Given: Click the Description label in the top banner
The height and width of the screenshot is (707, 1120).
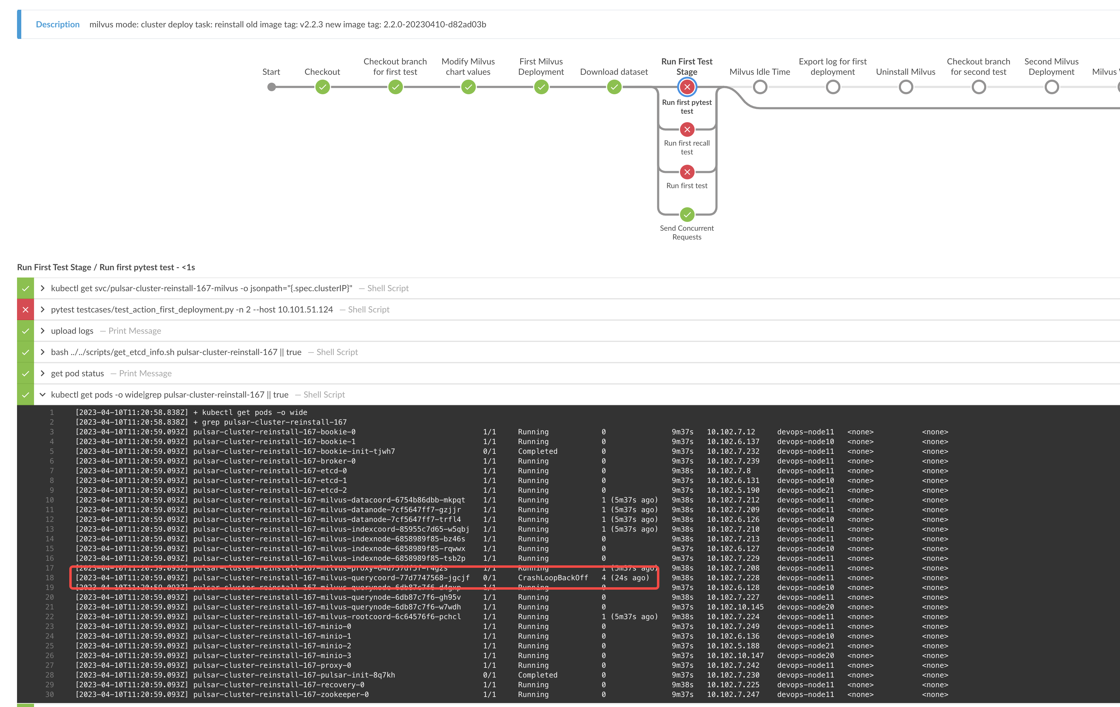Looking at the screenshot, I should click(x=58, y=24).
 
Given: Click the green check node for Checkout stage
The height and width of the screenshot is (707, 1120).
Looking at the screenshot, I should click(x=322, y=87).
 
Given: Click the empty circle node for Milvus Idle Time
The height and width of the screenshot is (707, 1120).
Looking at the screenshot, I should click(x=760, y=87).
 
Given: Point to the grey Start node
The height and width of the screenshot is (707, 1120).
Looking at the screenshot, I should click(x=272, y=87).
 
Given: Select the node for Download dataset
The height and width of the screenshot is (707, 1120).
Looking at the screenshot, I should click(x=614, y=87).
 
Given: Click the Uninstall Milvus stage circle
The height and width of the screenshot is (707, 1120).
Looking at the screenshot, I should click(x=905, y=87).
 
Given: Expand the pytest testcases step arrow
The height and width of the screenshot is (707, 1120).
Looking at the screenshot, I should click(x=42, y=309).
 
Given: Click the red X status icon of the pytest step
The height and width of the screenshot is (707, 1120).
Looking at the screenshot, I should click(x=26, y=310).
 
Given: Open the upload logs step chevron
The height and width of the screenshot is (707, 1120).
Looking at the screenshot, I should click(x=42, y=331).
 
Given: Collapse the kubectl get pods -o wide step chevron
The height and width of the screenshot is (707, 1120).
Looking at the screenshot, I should click(x=42, y=395).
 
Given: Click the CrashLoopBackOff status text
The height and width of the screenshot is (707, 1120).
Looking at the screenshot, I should click(x=553, y=578).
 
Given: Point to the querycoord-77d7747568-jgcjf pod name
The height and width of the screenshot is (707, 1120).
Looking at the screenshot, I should click(x=331, y=578).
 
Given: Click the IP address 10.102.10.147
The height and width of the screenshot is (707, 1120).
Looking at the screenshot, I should click(x=735, y=655).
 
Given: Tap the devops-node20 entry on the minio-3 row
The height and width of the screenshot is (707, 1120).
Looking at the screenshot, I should click(x=805, y=655).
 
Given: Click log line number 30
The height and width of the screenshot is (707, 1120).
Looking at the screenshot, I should click(x=49, y=695).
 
